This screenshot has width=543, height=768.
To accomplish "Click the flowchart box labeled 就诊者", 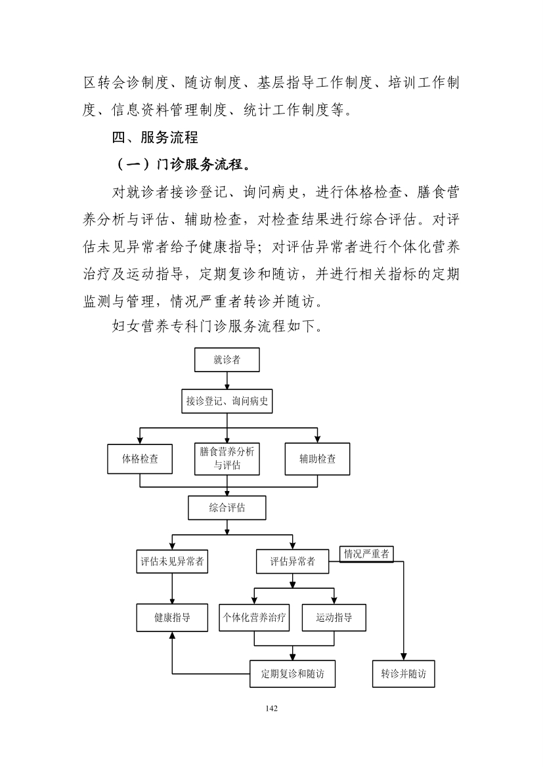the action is pyautogui.click(x=227, y=360).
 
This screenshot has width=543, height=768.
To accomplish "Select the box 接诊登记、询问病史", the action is pyautogui.click(x=227, y=402).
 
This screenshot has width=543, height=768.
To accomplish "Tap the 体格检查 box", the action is pyautogui.click(x=140, y=459).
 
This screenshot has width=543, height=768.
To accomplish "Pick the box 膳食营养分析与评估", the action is pyautogui.click(x=227, y=459).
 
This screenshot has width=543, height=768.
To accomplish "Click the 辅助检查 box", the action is pyautogui.click(x=318, y=459).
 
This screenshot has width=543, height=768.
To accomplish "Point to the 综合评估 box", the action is pyautogui.click(x=227, y=508).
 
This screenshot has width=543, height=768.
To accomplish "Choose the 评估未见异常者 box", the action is pyautogui.click(x=172, y=561).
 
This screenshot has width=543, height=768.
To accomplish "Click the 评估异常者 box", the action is pyautogui.click(x=293, y=561).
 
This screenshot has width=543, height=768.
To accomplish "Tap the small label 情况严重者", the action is pyautogui.click(x=366, y=554).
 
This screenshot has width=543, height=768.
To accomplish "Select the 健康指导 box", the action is pyautogui.click(x=172, y=618).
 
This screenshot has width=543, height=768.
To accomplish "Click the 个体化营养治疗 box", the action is pyautogui.click(x=254, y=618).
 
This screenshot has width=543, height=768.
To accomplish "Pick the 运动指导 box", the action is pyautogui.click(x=334, y=618).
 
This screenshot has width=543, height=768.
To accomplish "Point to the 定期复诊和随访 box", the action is pyautogui.click(x=293, y=674).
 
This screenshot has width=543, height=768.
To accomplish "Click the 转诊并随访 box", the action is pyautogui.click(x=403, y=674).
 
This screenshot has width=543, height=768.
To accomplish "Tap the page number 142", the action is pyautogui.click(x=272, y=708).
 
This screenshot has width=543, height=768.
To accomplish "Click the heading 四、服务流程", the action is pyautogui.click(x=155, y=137).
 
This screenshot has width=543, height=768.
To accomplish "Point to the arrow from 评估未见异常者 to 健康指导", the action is pyautogui.click(x=172, y=589).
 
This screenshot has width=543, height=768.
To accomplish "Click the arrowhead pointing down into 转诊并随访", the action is pyautogui.click(x=403, y=657).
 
